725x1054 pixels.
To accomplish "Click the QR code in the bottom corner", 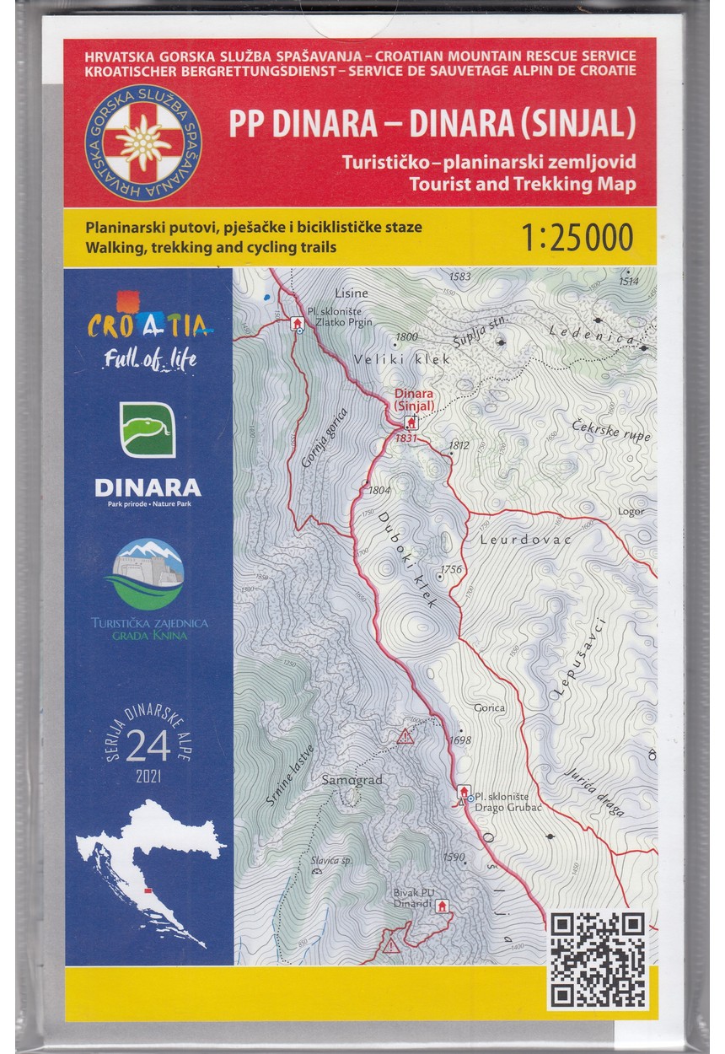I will (599, 959).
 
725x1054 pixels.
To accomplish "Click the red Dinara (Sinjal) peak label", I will (411, 399).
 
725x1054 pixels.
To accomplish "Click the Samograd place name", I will (352, 781).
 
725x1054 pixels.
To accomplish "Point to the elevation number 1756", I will (451, 569).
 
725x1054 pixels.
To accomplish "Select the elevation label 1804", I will (379, 490).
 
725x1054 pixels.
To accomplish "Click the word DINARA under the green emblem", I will (148, 487).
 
